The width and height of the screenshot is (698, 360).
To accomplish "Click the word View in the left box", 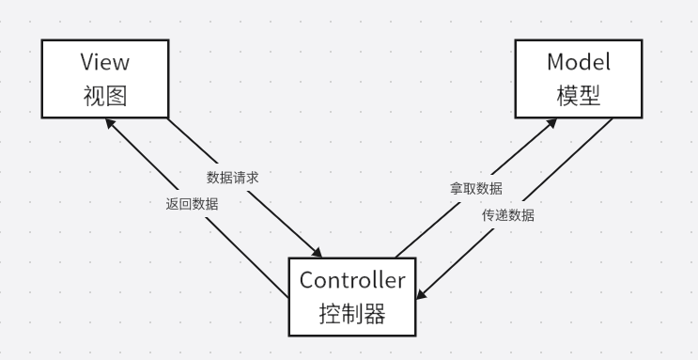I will tap(105, 63).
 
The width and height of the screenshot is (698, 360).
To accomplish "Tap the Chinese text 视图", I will tap(105, 95).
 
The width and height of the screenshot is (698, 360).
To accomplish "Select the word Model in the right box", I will tap(578, 63).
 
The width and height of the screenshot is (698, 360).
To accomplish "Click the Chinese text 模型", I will tap(578, 95).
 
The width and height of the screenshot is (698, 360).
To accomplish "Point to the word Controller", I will tap(352, 280).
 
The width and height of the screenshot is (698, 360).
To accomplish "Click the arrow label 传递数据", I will tap(508, 215).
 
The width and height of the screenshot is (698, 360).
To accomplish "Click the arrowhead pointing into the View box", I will tap(111, 122).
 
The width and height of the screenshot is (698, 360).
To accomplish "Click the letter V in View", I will tap(86, 63).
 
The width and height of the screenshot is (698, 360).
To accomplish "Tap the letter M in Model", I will tap(554, 63).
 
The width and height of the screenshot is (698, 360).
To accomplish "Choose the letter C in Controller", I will tap(306, 280).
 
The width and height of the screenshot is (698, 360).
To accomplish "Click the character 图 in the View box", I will tap(116, 95).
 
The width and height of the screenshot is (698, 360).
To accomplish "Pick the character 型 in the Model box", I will tap(589, 95).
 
